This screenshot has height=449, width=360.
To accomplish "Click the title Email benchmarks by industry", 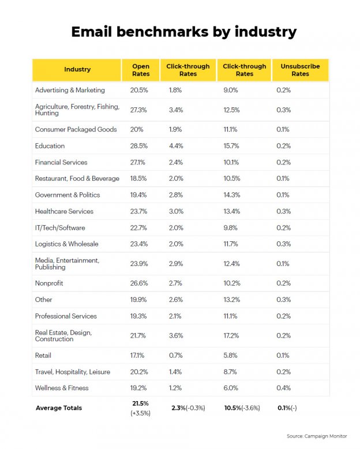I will [183, 32].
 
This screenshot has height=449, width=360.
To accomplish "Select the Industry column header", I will [77, 70].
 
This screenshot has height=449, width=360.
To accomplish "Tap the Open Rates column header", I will [141, 70].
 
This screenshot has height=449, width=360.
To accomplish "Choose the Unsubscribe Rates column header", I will [299, 70].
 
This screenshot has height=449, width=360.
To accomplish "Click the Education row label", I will [50, 146].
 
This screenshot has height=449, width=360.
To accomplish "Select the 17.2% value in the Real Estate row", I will [232, 335].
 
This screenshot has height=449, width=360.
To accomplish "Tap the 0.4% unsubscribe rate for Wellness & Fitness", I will [283, 388].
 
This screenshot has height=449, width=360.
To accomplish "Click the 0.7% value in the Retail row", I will [176, 356].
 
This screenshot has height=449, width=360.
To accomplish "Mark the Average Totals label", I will [59, 408].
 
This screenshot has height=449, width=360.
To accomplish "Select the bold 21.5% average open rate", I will [141, 403].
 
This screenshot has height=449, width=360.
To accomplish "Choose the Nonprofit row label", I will [49, 283].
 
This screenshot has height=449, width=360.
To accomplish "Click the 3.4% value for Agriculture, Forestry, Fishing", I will [176, 110].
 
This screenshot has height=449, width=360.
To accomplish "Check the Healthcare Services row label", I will [64, 211].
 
